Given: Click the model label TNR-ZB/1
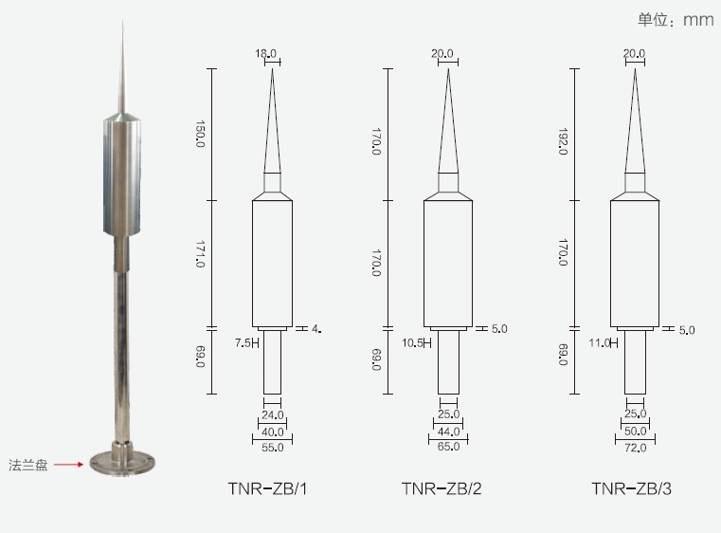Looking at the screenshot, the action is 267,488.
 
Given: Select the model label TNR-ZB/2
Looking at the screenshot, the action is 442,488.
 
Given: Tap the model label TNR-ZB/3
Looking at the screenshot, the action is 631,488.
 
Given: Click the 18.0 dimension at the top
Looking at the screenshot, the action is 266,53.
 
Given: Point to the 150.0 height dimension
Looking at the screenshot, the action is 200,134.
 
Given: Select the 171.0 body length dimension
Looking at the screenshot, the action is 200,254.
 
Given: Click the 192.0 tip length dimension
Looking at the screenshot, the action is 563,141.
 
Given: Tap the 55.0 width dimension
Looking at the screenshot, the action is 273,448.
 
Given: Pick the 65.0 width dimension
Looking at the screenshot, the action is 449,447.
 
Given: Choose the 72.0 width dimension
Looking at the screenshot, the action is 636,448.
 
